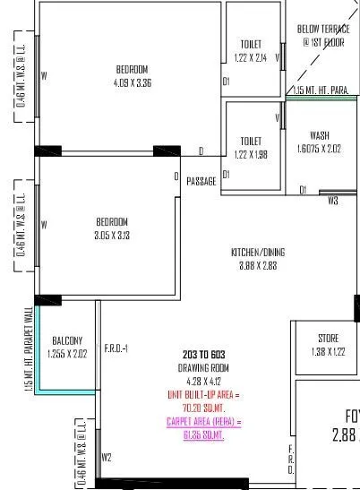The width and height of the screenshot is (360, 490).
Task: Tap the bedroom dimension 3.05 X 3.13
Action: click(113, 236)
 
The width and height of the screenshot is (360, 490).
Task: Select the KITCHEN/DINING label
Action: click(258, 252)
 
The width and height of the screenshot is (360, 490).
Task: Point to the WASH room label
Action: click(319, 136)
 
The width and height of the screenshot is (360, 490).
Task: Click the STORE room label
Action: click(328, 338)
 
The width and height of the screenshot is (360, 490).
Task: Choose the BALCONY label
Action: click(67, 340)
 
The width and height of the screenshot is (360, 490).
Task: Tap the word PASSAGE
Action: click(201, 181)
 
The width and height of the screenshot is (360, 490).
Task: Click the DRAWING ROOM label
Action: click(206, 368)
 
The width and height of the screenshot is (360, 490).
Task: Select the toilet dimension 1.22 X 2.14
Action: click(251, 56)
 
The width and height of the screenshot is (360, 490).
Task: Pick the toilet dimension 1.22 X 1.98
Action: click(251, 153)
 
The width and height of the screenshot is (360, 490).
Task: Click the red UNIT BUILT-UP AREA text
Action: click(205, 394)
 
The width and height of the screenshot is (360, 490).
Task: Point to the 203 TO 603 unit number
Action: click(206, 356)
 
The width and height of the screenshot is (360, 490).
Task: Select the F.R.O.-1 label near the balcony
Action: click(116, 348)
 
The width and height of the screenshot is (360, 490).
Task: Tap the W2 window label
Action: click(107, 457)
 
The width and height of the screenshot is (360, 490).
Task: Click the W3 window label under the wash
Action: click(332, 201)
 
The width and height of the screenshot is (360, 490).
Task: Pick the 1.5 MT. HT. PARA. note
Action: click(321, 90)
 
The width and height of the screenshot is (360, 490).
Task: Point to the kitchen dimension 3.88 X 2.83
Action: click(258, 265)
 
